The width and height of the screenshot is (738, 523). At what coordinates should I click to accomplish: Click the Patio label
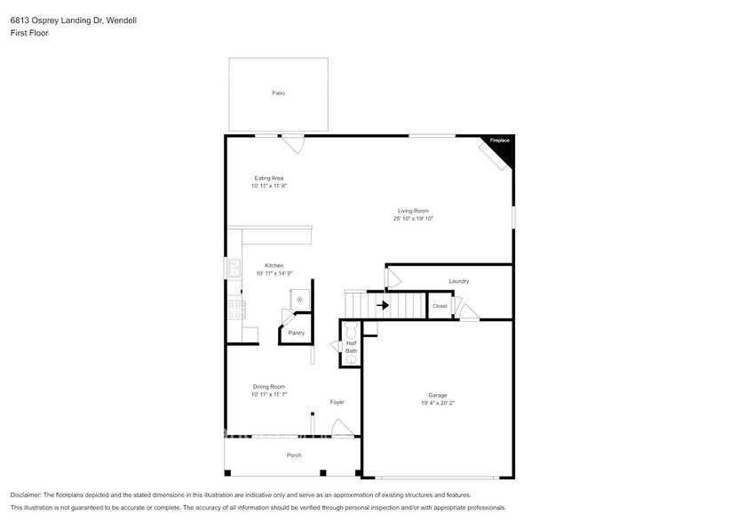coord(278,93)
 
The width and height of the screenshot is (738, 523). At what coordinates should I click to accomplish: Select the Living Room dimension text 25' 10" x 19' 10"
coord(414,219)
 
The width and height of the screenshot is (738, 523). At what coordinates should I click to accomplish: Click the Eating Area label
coord(268,178)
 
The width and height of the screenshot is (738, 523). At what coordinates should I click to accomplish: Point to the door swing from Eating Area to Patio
coord(293,143)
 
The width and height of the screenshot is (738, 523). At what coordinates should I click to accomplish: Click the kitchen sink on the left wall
coord(233,269)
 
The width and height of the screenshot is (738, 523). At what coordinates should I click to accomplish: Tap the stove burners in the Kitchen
coord(236,310)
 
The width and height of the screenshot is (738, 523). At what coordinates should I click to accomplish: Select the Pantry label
coord(296,334)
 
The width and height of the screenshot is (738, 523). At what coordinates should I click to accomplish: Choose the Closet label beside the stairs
coord(440,306)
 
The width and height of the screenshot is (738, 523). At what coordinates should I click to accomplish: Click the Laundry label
coord(458,281)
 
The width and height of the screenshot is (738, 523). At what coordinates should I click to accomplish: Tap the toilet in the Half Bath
coord(350,329)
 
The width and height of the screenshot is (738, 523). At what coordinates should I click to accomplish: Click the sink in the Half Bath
coord(351,360)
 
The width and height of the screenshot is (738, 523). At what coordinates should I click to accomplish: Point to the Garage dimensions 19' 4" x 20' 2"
coord(438,403)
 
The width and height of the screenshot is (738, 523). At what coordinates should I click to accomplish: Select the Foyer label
coord(337,402)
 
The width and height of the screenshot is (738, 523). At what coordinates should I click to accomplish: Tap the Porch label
coord(293,455)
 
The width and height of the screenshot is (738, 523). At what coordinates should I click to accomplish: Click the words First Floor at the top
coord(30,33)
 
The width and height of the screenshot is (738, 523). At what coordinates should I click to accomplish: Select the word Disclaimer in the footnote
coord(27,495)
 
